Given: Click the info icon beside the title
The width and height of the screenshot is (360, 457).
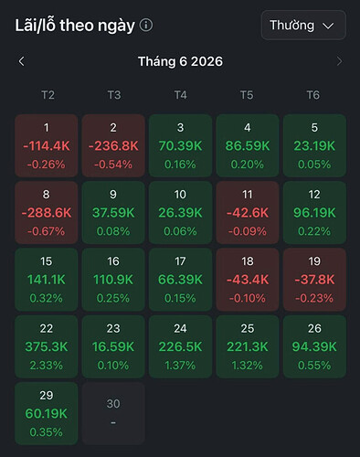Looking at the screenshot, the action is tap(146, 26).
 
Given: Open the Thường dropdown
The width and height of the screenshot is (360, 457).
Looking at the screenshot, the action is tap(303, 25).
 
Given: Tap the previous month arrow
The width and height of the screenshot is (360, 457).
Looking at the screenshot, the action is tap(21, 61).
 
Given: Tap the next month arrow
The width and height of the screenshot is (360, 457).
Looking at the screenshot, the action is tap(339, 61).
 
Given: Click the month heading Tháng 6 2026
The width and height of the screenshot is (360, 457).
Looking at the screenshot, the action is tap(180, 61).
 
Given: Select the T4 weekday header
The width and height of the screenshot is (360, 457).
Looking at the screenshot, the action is tap(180, 95).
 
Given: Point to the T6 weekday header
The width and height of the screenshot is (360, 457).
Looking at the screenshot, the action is tap(313, 95).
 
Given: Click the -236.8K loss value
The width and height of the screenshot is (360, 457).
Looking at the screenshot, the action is tap(113, 146).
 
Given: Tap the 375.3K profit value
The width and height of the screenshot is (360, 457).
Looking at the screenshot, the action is tap(47, 346).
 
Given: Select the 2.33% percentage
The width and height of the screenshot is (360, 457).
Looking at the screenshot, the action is tap(47, 366).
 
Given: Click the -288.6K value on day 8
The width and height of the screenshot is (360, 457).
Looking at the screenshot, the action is tap(47, 213).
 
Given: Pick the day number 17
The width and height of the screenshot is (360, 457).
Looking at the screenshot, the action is tap(180, 261).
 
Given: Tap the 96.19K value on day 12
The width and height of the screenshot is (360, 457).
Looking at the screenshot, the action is tap(314, 213).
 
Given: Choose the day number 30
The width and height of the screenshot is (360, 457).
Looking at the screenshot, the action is tap(113, 404).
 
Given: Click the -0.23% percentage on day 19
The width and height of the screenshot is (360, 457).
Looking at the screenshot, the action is tap(314, 298).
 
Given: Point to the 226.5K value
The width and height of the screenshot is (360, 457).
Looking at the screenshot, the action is tap(180, 346).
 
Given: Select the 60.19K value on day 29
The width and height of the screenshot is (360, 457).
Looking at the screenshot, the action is tap(47, 414).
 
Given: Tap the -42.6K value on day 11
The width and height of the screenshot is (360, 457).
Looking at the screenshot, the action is tap(248, 213).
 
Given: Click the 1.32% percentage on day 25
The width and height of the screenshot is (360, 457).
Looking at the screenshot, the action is tap(248, 366).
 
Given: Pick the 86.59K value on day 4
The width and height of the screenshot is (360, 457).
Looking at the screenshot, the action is tap(248, 146).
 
